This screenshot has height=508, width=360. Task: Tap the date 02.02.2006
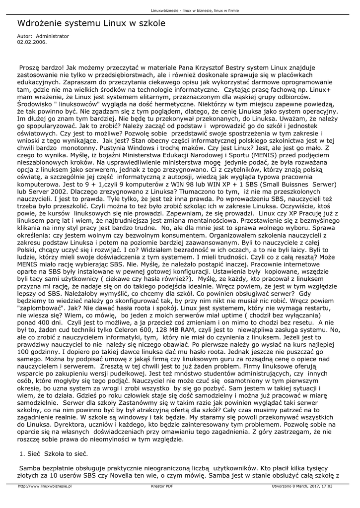tap(32, 42)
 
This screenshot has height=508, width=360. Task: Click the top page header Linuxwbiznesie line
tap(180, 10)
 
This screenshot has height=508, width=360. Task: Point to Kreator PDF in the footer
tap(162, 487)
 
